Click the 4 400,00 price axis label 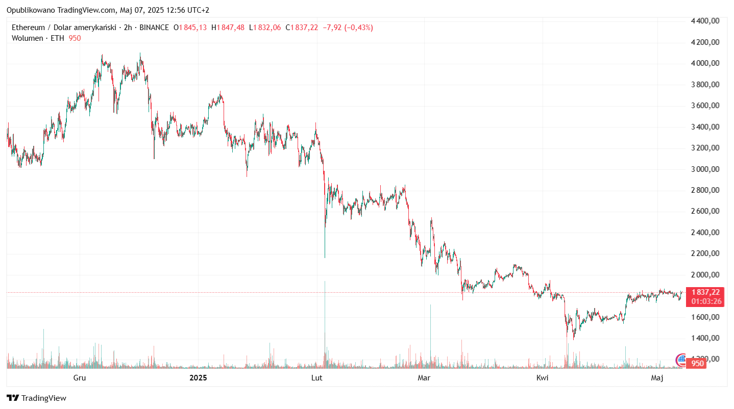pos(705,21)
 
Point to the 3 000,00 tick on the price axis pos(705,169)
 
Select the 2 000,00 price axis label pos(705,275)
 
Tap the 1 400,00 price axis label pos(705,338)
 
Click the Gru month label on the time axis pos(79,378)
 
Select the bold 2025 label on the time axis pos(198,378)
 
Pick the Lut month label pos(316,378)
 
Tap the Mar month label pos(424,378)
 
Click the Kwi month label pos(542,378)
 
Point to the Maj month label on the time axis pos(657,378)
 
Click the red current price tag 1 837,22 pos(706,292)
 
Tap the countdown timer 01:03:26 pos(706,301)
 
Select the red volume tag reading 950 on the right pos(698,364)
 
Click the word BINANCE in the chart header pos(154,28)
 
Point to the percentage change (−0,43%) pos(359,28)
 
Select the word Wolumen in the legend pos(27,38)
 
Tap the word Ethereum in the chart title pos(28,28)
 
